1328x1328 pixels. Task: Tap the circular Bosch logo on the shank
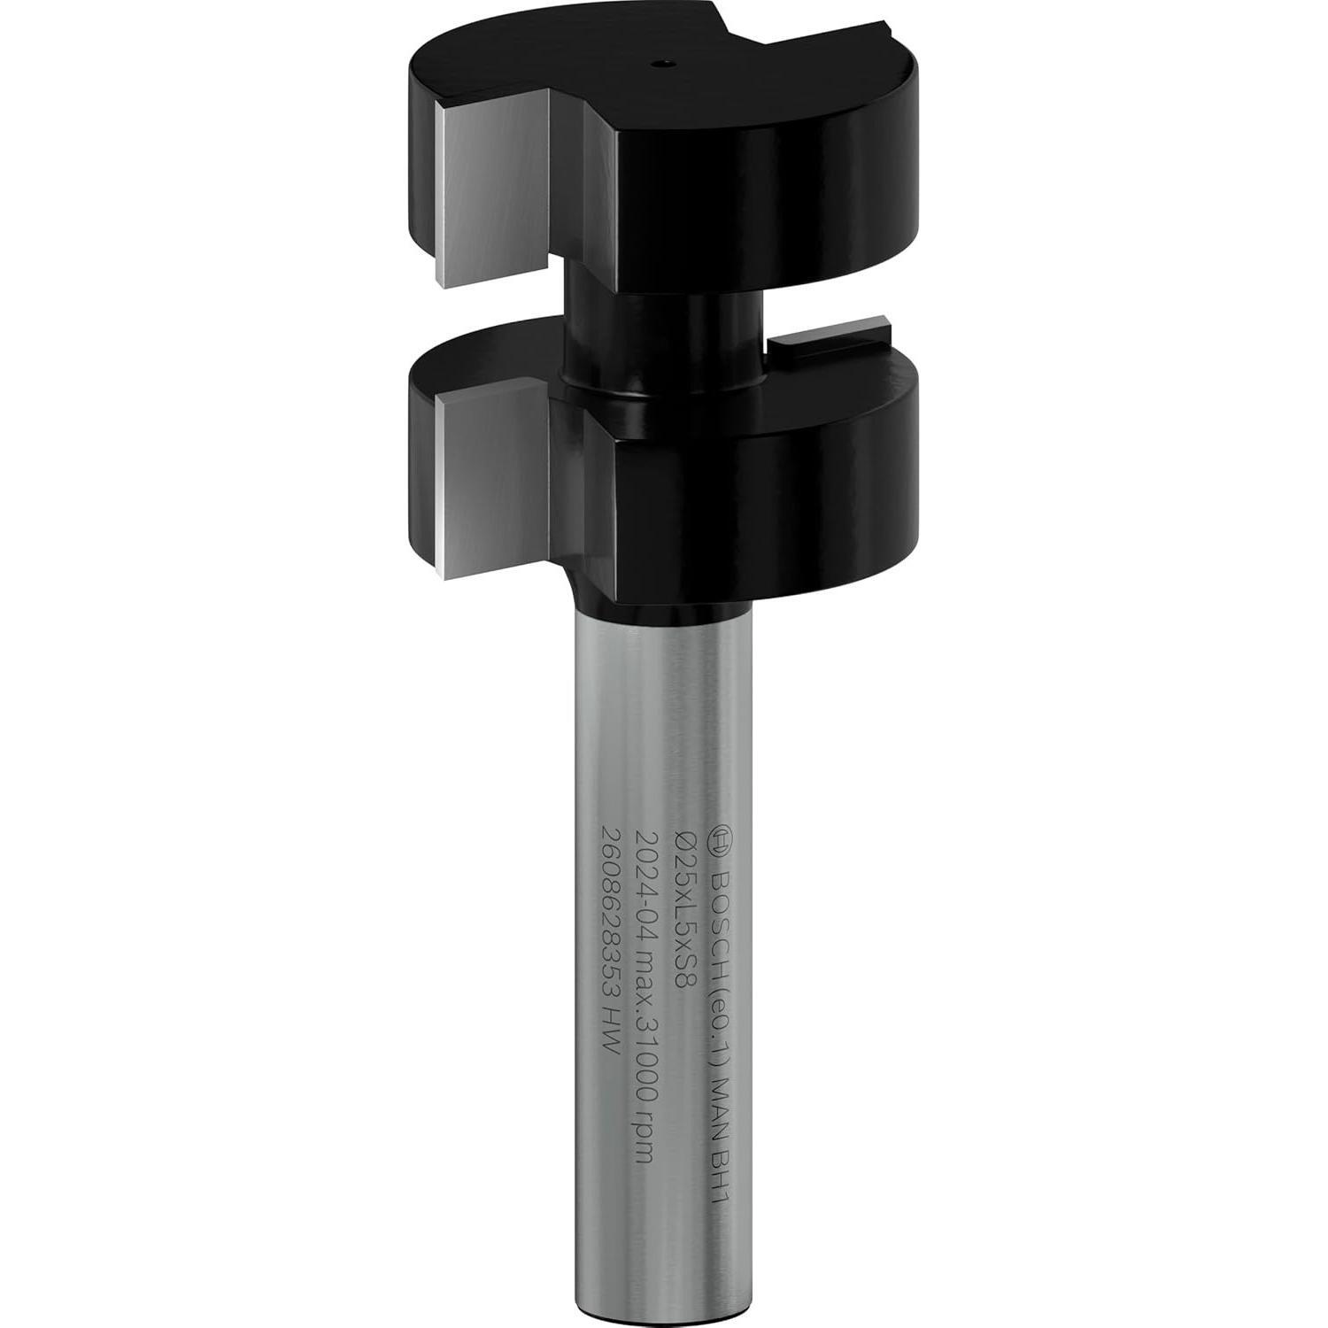[x=722, y=837]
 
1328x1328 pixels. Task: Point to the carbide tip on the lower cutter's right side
[x=832, y=344]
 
